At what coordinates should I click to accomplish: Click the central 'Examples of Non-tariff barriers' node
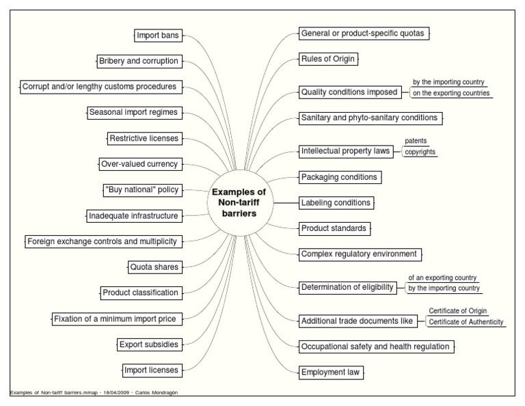(x=239, y=202)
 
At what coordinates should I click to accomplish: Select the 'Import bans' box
(x=157, y=35)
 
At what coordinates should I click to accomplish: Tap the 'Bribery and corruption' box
(x=138, y=61)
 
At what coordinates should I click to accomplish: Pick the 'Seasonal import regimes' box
(x=133, y=112)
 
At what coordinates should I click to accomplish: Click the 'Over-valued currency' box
(x=139, y=164)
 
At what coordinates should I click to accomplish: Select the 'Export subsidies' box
(x=148, y=344)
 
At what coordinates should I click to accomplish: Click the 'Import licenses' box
(x=151, y=370)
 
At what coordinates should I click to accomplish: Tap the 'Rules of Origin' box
(x=327, y=59)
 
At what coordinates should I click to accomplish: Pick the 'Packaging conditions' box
(x=339, y=177)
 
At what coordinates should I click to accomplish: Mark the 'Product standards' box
(x=334, y=228)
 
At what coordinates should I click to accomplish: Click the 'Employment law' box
(x=332, y=373)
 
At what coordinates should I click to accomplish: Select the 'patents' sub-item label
(x=416, y=141)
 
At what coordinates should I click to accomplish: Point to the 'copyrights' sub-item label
(x=420, y=152)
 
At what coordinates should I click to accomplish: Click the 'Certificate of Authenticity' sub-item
(x=466, y=322)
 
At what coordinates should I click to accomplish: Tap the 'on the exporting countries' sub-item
(x=451, y=94)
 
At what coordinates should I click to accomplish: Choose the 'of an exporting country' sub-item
(x=442, y=278)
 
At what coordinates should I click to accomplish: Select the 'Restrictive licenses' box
(x=144, y=138)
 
